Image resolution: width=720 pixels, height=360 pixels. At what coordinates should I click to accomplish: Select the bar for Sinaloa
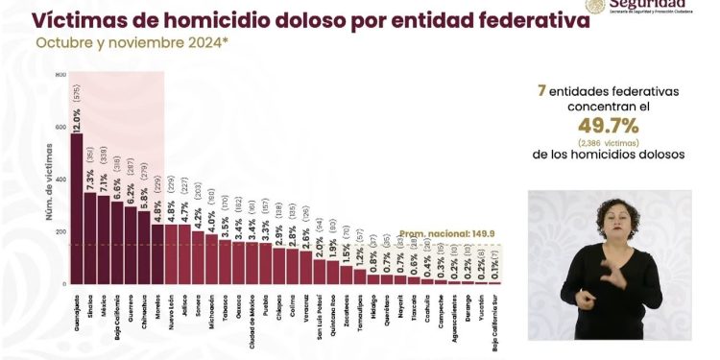[89, 239]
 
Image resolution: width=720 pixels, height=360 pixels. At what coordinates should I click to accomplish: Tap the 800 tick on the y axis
[60, 75]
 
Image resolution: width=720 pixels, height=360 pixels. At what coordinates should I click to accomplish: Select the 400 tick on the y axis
[60, 180]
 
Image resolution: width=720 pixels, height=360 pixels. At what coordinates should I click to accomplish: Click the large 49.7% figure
[608, 127]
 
